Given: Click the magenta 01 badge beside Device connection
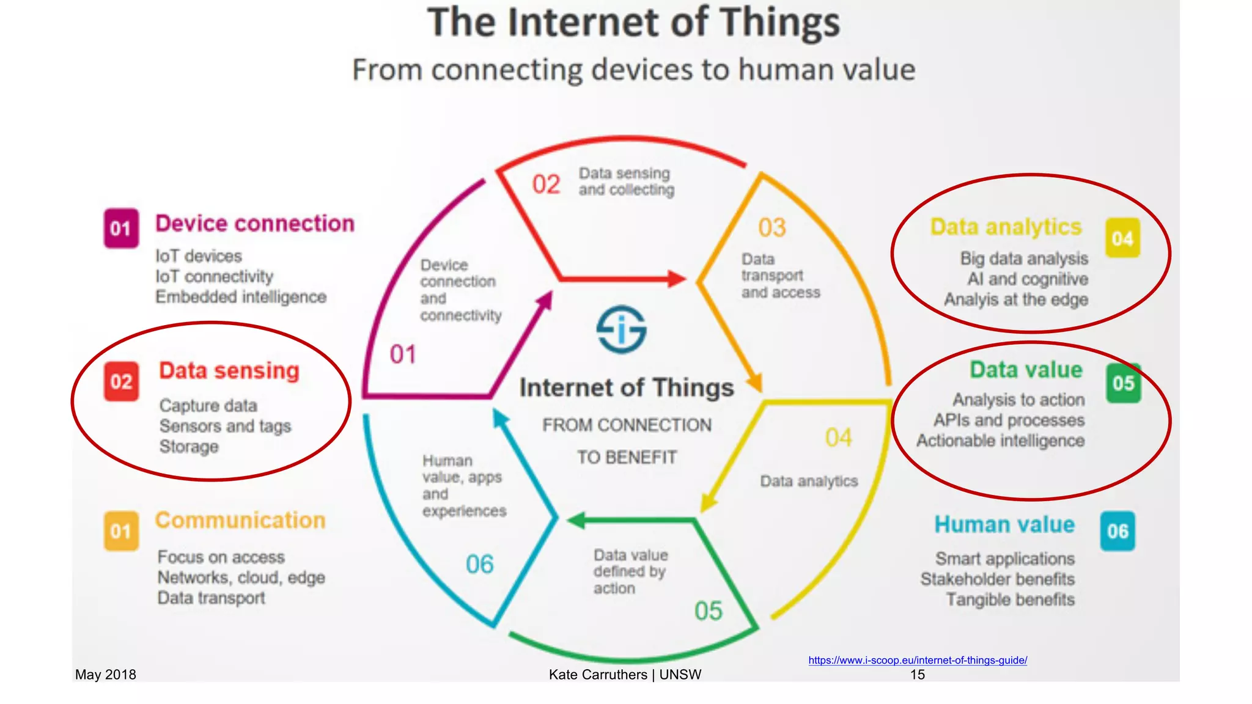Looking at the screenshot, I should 121,228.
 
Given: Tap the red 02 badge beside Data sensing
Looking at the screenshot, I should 121,381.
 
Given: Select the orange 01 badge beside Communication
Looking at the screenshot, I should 121,530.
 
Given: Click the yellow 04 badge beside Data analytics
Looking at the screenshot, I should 1122,238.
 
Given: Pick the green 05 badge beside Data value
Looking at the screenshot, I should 1123,383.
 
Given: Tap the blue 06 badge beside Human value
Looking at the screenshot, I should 1118,530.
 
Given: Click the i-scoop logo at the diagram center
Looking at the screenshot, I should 621,329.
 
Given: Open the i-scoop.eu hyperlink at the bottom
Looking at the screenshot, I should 917,660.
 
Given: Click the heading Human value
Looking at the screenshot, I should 1004,524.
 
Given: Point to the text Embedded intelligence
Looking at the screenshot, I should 241,297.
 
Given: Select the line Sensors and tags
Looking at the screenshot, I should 225,426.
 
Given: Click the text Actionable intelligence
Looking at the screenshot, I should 1000,441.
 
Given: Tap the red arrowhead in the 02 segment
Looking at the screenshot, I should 676,279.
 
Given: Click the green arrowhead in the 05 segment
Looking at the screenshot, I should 576,521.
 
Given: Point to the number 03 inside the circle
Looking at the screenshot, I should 771,228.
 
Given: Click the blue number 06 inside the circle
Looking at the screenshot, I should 479,564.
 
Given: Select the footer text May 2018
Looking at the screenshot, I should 105,675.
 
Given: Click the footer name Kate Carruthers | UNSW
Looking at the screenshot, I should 625,675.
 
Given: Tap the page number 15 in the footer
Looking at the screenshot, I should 917,675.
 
